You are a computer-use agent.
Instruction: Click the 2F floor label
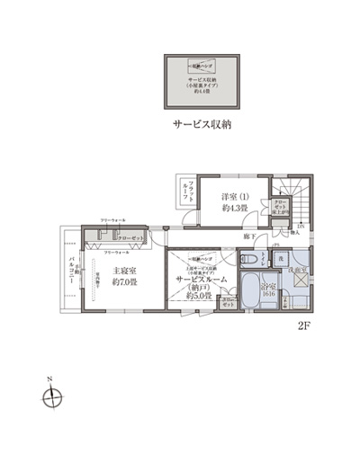pyautogui.click(x=302, y=328)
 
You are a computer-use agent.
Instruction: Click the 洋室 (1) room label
pyautogui.click(x=237, y=197)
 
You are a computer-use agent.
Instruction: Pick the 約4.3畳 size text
pyautogui.click(x=237, y=209)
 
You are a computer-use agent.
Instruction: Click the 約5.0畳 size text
pyautogui.click(x=199, y=294)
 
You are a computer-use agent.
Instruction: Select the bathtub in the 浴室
pyautogui.click(x=255, y=293)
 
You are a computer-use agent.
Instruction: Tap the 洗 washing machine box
pyautogui.click(x=280, y=260)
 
